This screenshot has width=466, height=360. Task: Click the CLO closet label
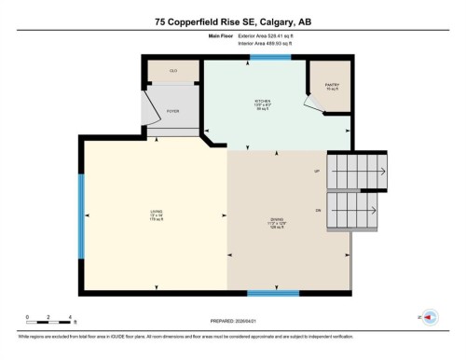pyautogui.click(x=173, y=71)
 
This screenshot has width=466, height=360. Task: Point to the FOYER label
pyautogui.click(x=172, y=110)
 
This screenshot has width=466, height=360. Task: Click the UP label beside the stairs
pyautogui.click(x=318, y=171)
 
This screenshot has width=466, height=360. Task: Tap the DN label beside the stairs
pyautogui.click(x=318, y=212)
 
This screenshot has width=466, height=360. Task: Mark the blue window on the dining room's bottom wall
pyautogui.click(x=272, y=292)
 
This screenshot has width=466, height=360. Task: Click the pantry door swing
pyautogui.click(x=318, y=105)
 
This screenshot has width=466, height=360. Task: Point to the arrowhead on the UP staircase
pyautogui.click(x=384, y=171)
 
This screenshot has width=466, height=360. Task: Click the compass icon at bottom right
pyautogui.click(x=430, y=317)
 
